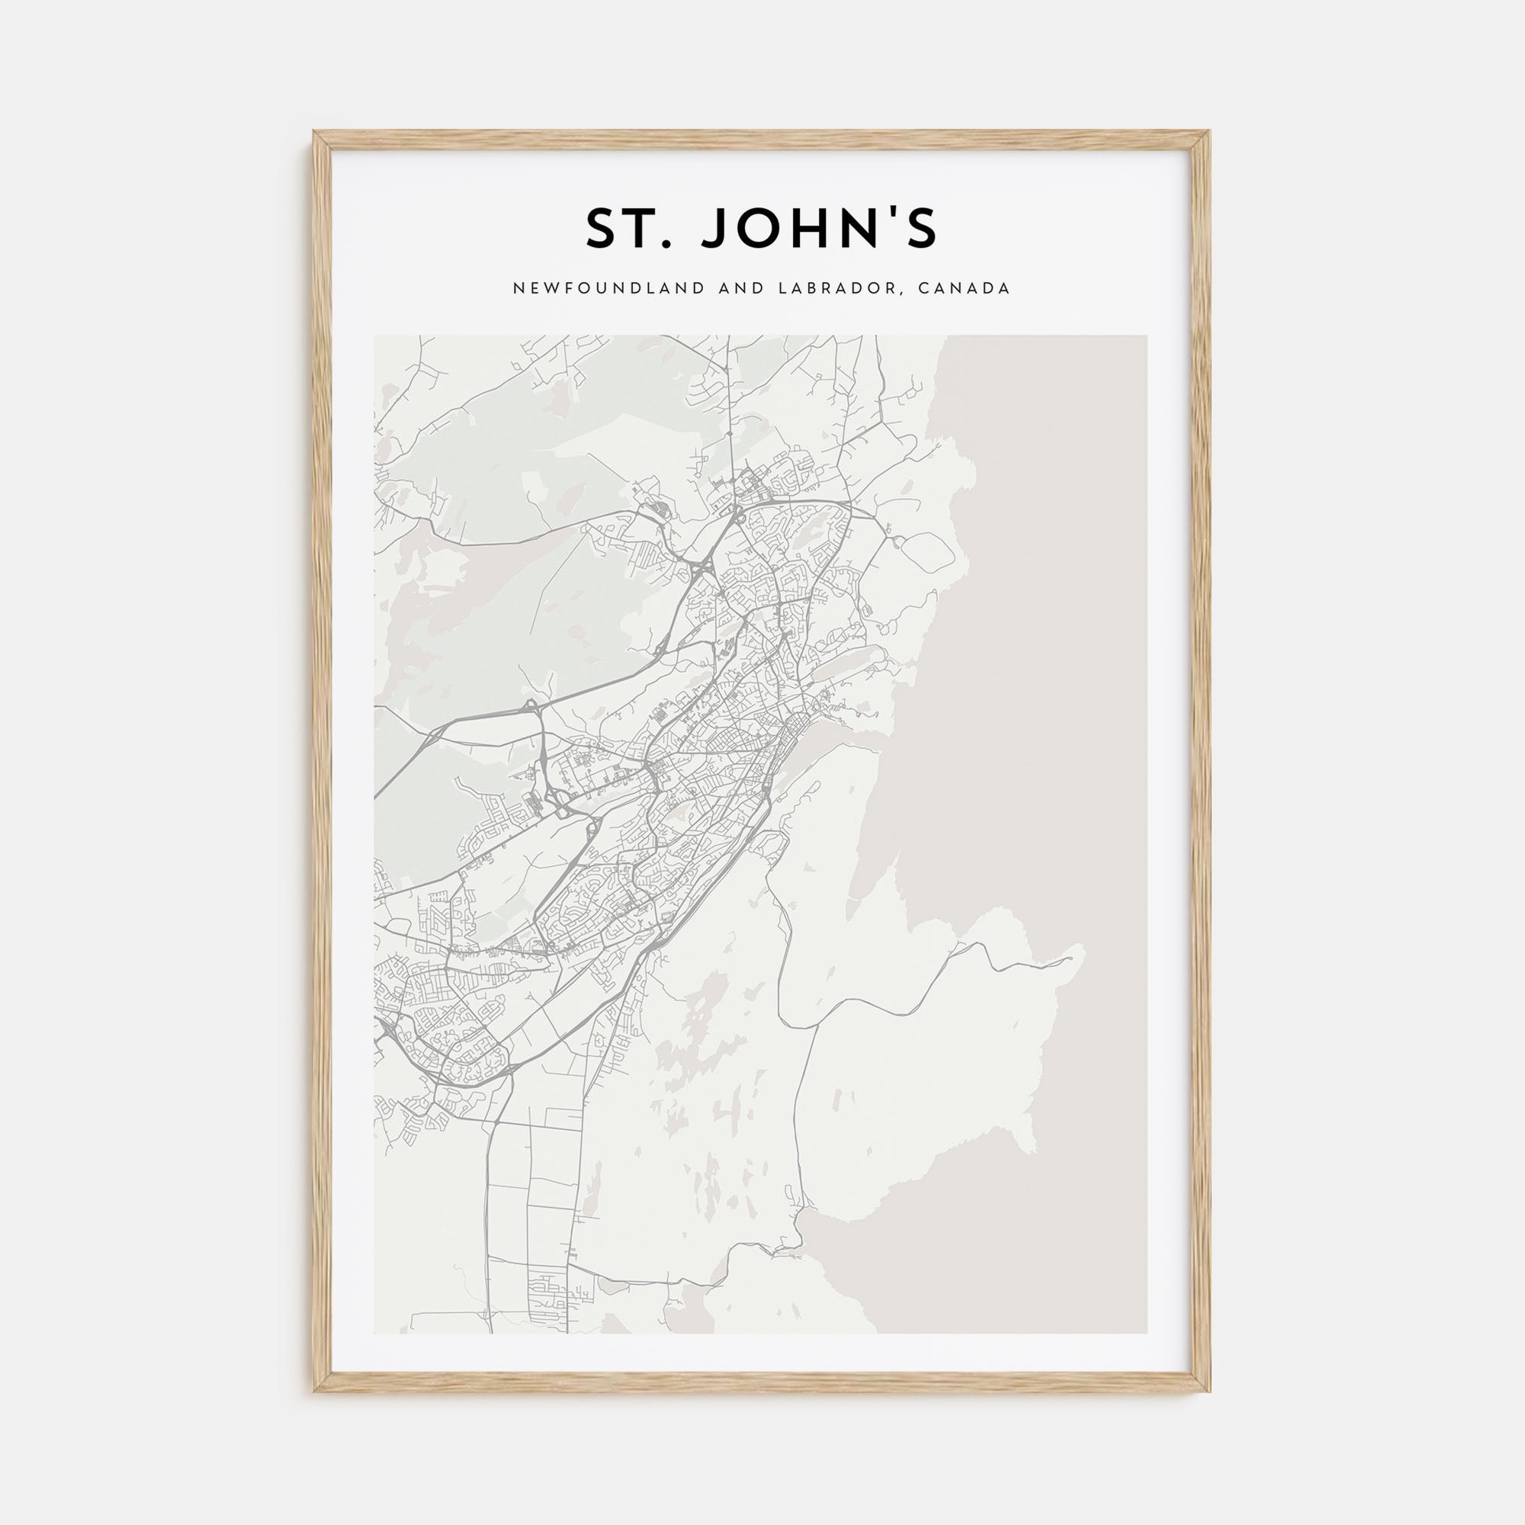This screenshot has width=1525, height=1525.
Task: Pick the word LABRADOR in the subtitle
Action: pos(839,289)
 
